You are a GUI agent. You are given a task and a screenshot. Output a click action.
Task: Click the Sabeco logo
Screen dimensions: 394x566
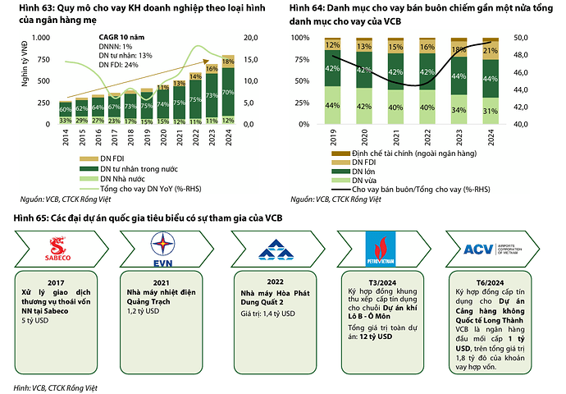click(58, 248)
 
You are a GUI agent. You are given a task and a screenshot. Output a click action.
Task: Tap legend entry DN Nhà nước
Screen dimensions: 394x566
click(121, 178)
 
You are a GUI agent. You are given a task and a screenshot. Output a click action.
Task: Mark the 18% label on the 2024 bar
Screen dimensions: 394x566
click(229, 62)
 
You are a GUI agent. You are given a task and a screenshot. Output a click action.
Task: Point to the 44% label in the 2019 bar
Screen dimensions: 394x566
click(333, 105)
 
